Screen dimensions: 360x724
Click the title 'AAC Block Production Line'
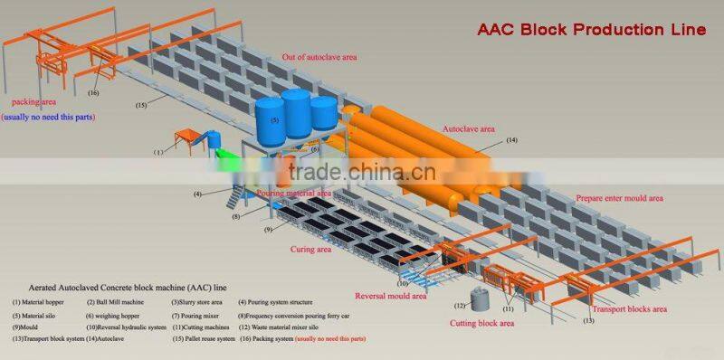pos(591,30)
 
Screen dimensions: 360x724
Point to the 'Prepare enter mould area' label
pos(620,197)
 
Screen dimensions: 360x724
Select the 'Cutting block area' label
pos(483,323)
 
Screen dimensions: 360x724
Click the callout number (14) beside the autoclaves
pos(511,140)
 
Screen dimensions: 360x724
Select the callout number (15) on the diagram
pos(141,105)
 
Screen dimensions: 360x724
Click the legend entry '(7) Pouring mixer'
pos(195,314)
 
